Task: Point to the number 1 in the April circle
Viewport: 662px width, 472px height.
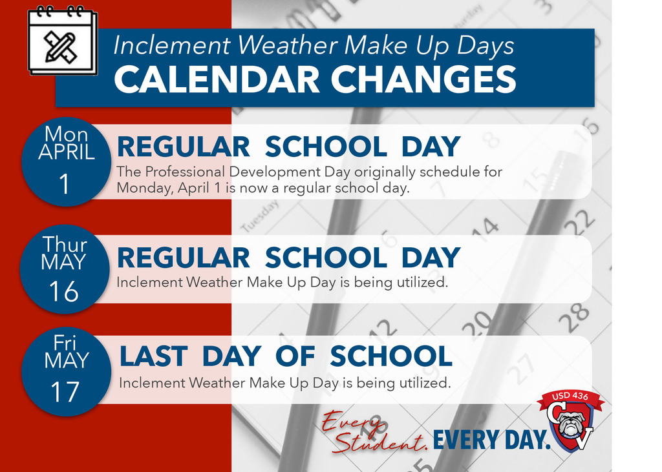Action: (x=65, y=185)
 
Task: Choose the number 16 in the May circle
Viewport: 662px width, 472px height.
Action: (x=63, y=292)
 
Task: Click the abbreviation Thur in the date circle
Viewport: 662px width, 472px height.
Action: (x=65, y=245)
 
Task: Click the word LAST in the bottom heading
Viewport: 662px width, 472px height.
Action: (x=153, y=356)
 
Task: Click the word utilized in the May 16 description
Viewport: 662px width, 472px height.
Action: (x=423, y=282)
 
